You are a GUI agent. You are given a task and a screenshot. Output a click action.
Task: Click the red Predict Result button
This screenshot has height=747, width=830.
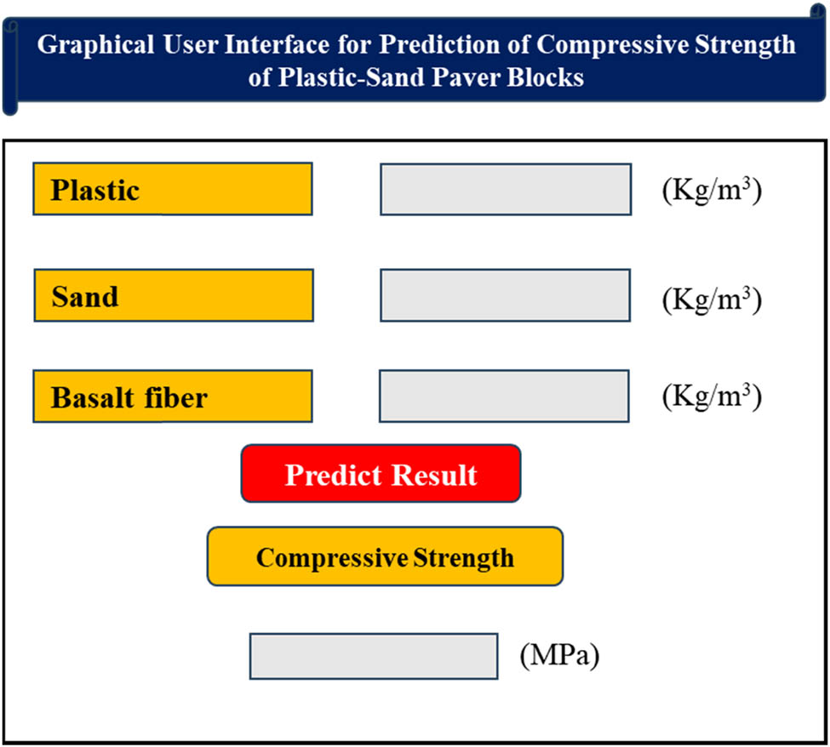pos(381,474)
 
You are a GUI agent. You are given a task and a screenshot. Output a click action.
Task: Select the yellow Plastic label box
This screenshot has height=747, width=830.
pos(173,189)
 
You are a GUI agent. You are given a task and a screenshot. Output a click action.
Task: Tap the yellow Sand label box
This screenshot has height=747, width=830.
pos(174,295)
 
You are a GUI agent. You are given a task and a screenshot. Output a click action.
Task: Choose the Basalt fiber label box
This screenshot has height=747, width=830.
pos(173,396)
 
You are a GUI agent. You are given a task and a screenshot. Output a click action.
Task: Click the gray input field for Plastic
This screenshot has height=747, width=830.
pos(506,189)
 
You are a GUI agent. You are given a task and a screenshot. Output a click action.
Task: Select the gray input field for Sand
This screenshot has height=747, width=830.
pos(506,295)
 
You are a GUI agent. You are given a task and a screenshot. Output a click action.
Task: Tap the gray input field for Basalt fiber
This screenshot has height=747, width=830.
pos(504,396)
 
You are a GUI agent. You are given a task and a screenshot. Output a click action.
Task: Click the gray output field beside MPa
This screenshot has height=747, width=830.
pos(374,656)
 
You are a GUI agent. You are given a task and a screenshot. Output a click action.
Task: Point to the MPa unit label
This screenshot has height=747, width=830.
pos(560,656)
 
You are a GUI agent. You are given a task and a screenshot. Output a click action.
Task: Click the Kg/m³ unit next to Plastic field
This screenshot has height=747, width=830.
pos(711,189)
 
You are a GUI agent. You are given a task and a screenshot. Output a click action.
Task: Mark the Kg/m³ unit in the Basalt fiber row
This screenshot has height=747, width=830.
pos(711,396)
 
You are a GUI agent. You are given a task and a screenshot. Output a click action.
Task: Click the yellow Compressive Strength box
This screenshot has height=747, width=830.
pos(385,556)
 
